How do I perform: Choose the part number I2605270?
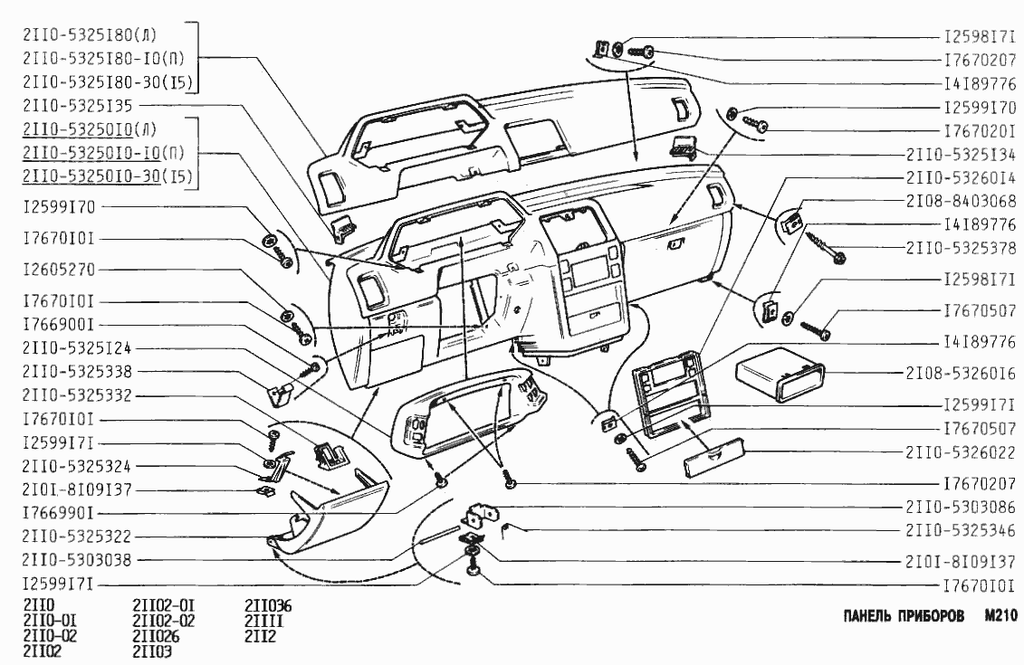pyautogui.click(x=60, y=270)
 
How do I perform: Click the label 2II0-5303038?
pyautogui.click(x=77, y=560)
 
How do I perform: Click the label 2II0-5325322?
pyautogui.click(x=77, y=537)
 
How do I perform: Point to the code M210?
pyautogui.click(x=1001, y=616)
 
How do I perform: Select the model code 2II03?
pyautogui.click(x=152, y=651)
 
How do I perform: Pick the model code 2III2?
pyautogui.click(x=261, y=636)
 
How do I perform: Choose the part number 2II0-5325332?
pyautogui.click(x=77, y=396)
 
